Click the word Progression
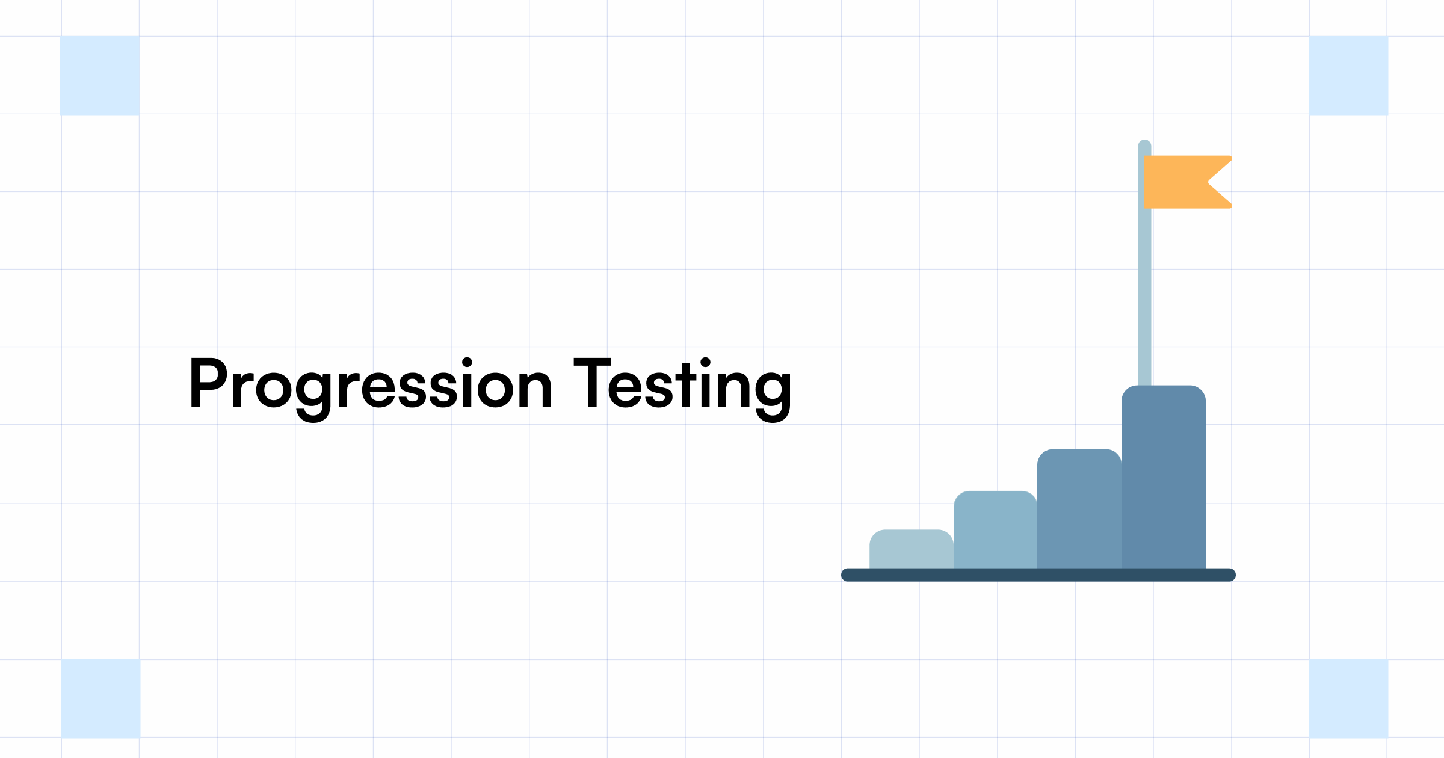click(370, 385)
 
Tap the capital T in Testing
click(592, 383)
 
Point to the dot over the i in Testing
click(706, 362)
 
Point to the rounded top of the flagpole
click(1144, 146)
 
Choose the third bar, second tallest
click(1079, 509)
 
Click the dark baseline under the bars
click(1038, 575)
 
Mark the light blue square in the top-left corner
click(100, 75)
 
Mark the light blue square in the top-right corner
click(1349, 75)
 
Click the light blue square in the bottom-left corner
click(100, 698)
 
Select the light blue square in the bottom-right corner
click(1349, 698)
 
